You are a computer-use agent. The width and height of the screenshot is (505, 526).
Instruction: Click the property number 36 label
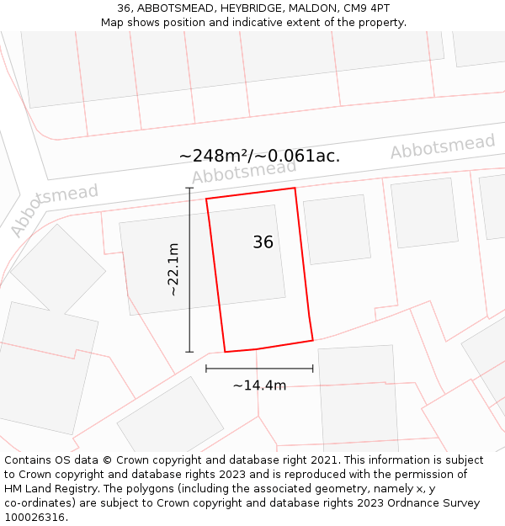pyautogui.click(x=263, y=242)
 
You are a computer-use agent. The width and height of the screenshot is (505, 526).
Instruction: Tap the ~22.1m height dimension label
pyautogui.click(x=173, y=269)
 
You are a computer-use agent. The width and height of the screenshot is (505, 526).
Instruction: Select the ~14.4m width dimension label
pyautogui.click(x=259, y=385)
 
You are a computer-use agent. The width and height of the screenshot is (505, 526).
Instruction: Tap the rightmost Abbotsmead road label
pyautogui.click(x=442, y=146)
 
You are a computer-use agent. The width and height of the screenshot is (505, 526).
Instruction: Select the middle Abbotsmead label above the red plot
pyautogui.click(x=244, y=171)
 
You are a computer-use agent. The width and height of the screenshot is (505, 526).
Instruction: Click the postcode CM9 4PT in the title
pyautogui.click(x=366, y=8)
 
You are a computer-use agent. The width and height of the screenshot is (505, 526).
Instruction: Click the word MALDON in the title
pyautogui.click(x=312, y=8)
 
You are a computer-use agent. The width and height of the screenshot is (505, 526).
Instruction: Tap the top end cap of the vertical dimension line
pyautogui.click(x=189, y=189)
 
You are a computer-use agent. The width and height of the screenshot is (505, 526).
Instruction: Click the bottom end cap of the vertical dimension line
pyautogui.click(x=189, y=352)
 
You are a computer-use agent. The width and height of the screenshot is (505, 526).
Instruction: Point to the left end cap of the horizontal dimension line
pyautogui.click(x=206, y=368)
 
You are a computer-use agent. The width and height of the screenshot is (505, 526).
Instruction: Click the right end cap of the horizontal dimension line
pyautogui.click(x=313, y=368)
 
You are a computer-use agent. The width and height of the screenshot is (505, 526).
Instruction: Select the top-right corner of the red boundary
pyautogui.click(x=295, y=188)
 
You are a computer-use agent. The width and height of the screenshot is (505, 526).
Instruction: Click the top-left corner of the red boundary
pyautogui.click(x=206, y=199)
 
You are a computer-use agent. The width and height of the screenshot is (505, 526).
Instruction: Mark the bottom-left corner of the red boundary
pyautogui.click(x=225, y=352)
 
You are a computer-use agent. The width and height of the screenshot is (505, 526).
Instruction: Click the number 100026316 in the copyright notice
pyautogui.click(x=35, y=518)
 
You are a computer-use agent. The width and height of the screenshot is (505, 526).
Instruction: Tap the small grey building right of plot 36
pyautogui.click(x=337, y=229)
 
